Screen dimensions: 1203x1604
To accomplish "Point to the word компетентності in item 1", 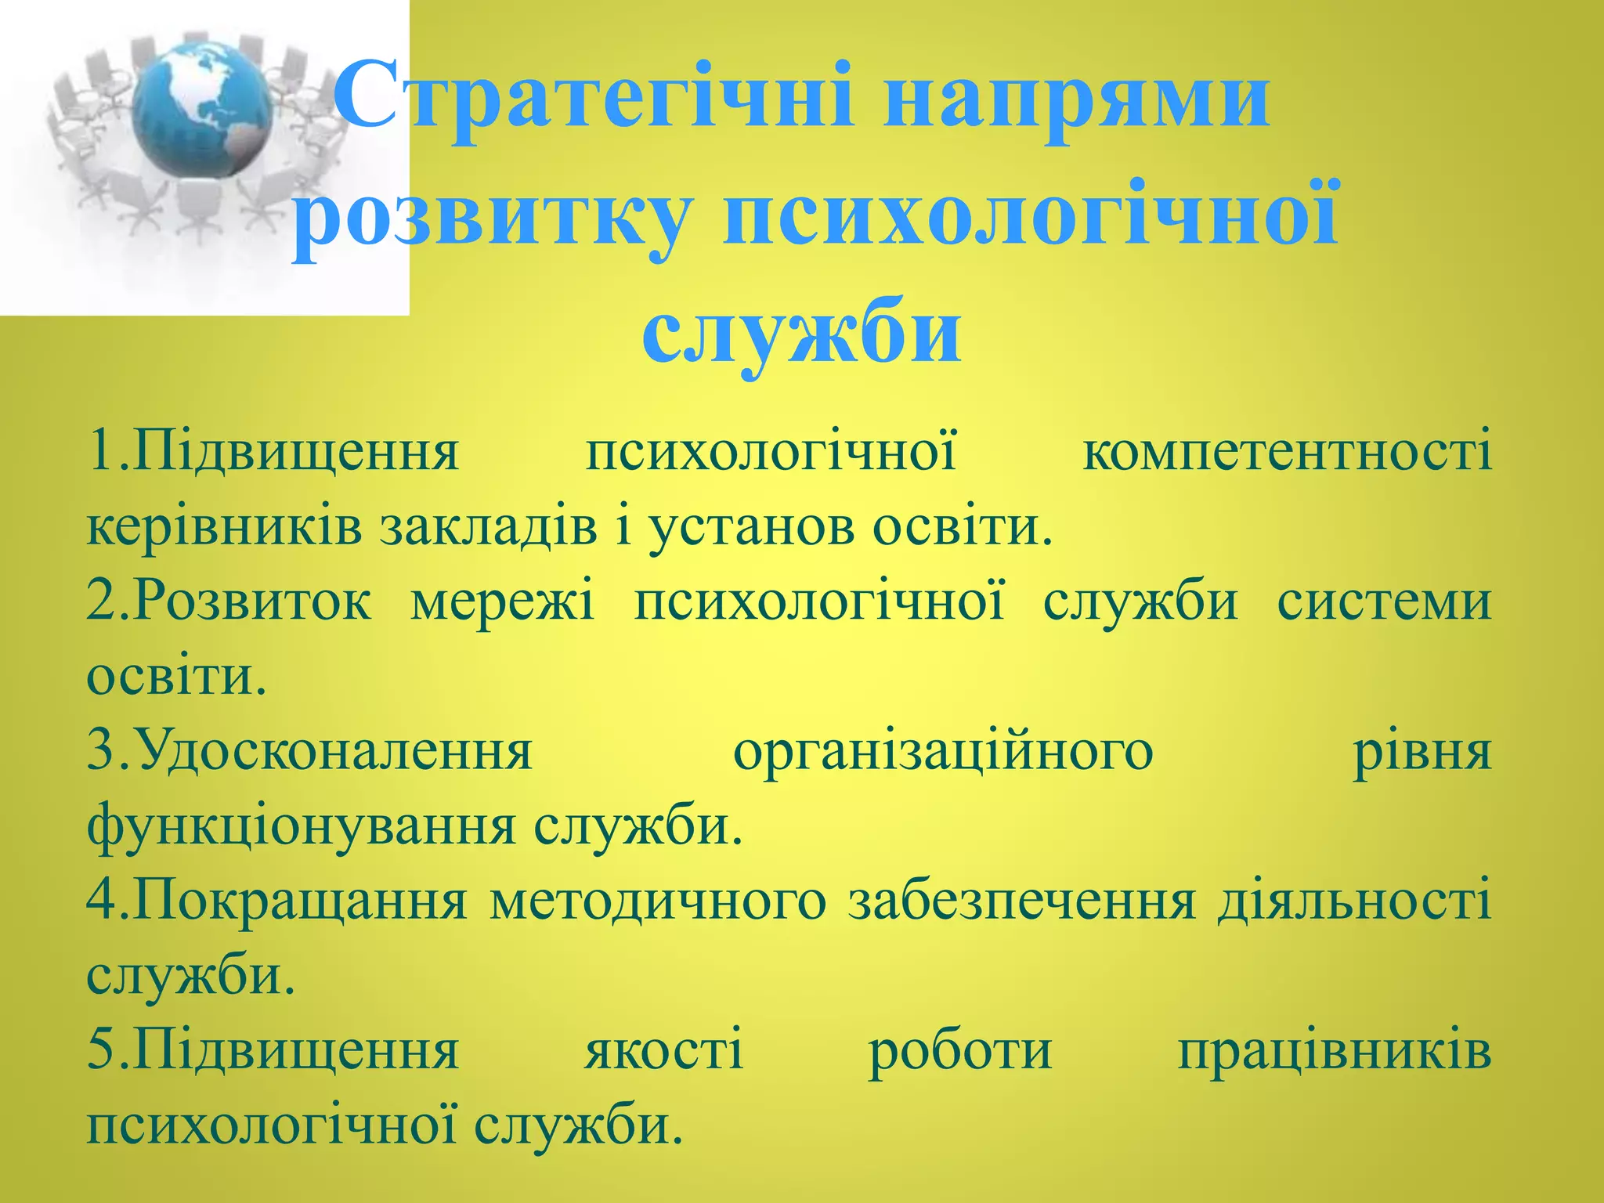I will pyautogui.click(x=1286, y=452).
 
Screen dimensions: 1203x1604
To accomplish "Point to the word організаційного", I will pyautogui.click(x=943, y=752).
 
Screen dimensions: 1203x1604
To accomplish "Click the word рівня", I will pyautogui.click(x=1422, y=752).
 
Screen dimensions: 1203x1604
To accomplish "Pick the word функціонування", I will pyautogui.click(x=302, y=825).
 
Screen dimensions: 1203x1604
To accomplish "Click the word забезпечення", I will pyautogui.click(x=1022, y=901).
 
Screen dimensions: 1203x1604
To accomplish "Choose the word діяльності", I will pyautogui.click(x=1354, y=901).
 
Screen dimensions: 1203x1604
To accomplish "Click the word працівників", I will pyautogui.click(x=1335, y=1051).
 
